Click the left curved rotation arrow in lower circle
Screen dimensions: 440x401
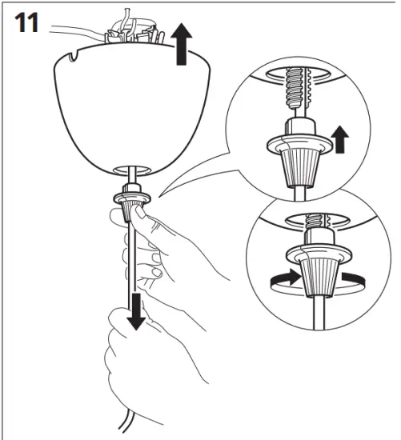point(283,279)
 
